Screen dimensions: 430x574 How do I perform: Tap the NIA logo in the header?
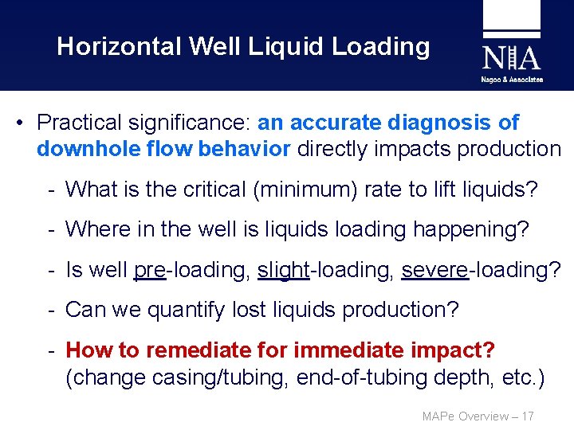pos(511,57)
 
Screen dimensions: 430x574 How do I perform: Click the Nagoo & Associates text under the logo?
pos(512,80)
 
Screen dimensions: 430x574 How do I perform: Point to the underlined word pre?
pos(149,270)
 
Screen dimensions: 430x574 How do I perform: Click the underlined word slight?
pos(283,270)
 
